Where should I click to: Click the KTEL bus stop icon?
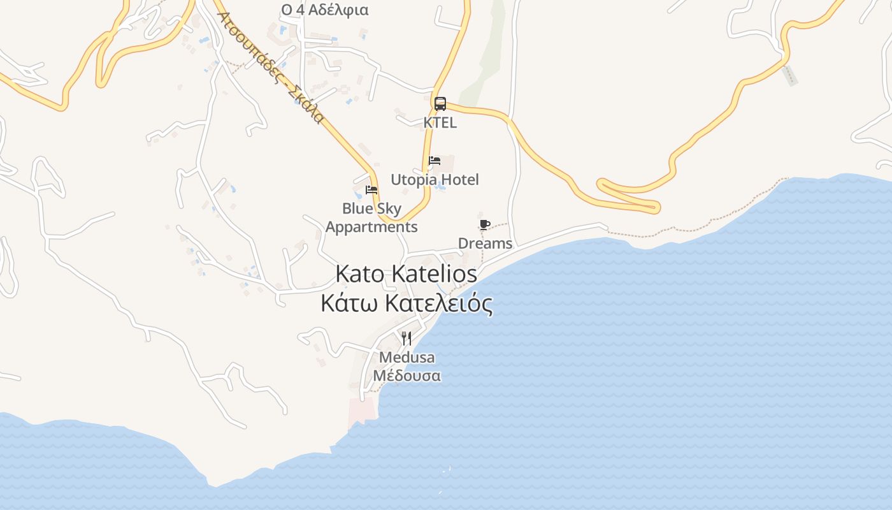click(440, 104)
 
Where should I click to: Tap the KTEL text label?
click(440, 122)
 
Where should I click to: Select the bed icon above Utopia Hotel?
click(435, 161)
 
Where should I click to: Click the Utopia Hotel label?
click(435, 180)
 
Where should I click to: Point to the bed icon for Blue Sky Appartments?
click(371, 190)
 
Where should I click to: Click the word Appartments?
click(371, 227)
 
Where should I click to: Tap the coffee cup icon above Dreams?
click(485, 224)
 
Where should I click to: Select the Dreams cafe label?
click(485, 244)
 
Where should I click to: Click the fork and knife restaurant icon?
click(406, 338)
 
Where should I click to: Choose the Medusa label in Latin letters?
click(406, 357)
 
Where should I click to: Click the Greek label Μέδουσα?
click(406, 375)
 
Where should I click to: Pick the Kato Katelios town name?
click(406, 274)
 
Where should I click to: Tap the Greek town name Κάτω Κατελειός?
click(406, 303)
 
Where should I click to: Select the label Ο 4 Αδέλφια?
click(325, 10)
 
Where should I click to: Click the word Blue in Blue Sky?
click(356, 208)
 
